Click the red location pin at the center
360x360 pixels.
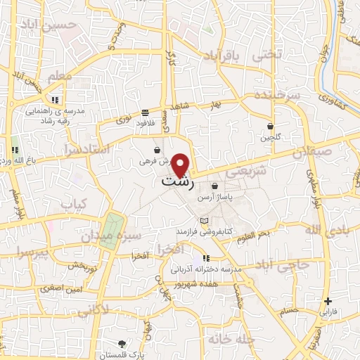pyautogui.click(x=181, y=165)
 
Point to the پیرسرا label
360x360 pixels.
pyautogui.click(x=32, y=252)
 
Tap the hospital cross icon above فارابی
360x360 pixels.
pyautogui.click(x=328, y=301)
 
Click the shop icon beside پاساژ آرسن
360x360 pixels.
pyautogui.click(x=214, y=186)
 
